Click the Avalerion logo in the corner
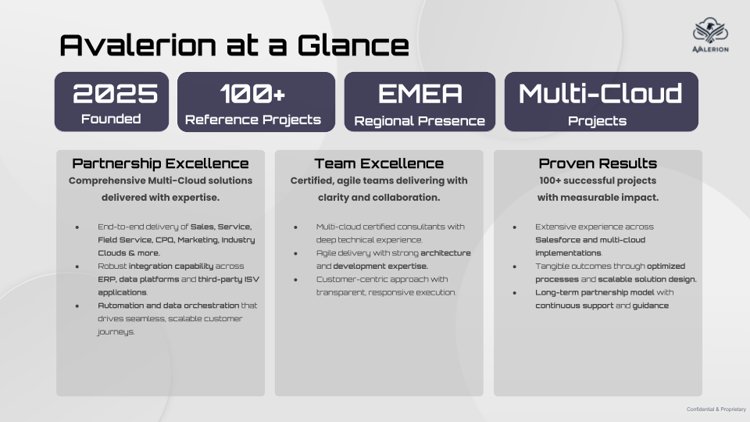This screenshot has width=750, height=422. pyautogui.click(x=710, y=35)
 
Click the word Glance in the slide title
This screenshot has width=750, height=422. pyautogui.click(x=353, y=45)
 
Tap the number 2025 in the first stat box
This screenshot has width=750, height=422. pyautogui.click(x=116, y=93)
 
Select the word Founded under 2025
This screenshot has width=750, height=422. pyautogui.click(x=111, y=119)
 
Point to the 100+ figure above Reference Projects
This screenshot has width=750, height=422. pyautogui.click(x=252, y=93)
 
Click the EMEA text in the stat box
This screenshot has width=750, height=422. pyautogui.click(x=420, y=93)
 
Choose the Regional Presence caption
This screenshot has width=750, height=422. pyautogui.click(x=420, y=121)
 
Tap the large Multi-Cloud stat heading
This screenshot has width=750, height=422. pyautogui.click(x=601, y=93)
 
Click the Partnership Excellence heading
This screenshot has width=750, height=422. pyautogui.click(x=160, y=163)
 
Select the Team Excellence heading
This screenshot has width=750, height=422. pyautogui.click(x=379, y=163)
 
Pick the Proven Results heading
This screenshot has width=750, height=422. pyautogui.click(x=598, y=163)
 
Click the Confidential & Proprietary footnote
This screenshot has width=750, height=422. pyautogui.click(x=716, y=409)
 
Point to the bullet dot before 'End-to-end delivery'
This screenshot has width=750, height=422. pyautogui.click(x=77, y=227)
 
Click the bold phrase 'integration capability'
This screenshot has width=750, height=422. pyautogui.click(x=171, y=266)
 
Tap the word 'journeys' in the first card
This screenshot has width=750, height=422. pyautogui.click(x=116, y=331)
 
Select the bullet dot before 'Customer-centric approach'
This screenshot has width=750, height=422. pyautogui.click(x=295, y=280)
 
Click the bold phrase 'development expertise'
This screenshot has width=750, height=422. pyautogui.click(x=380, y=266)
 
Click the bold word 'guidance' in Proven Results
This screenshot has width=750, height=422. pyautogui.click(x=651, y=306)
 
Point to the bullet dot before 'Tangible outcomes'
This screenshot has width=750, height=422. pyautogui.click(x=515, y=266)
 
